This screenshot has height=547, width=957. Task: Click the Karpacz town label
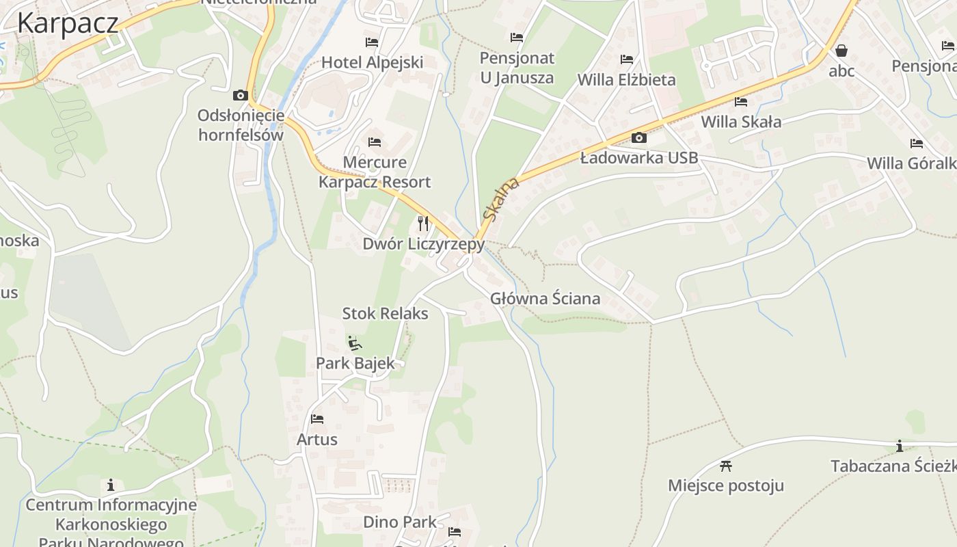(67, 23)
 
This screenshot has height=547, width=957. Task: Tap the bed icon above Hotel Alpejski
(372, 42)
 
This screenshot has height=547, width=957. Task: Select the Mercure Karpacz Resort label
(375, 172)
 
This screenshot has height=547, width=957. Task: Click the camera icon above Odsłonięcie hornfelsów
(240, 95)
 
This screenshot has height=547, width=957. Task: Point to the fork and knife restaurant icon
(423, 223)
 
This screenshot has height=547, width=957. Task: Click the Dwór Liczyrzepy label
(423, 243)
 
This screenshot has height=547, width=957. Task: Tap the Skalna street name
(500, 199)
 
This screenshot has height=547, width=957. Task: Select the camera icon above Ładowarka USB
(638, 138)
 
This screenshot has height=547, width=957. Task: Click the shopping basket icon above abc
(841, 51)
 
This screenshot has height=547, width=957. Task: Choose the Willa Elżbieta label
(626, 79)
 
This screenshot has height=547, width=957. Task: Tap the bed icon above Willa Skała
(741, 102)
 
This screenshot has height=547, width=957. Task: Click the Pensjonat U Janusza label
(517, 68)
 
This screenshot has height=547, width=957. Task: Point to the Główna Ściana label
(545, 298)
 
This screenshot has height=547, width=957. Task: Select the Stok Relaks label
(385, 314)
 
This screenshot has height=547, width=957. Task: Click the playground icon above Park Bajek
(354, 343)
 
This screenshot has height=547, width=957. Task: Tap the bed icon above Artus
(317, 419)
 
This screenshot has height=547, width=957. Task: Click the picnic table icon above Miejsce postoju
(726, 466)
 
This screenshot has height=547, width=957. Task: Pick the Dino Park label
(399, 522)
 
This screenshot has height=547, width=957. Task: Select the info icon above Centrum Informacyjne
(111, 485)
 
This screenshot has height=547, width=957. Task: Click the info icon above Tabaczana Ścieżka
(900, 446)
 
